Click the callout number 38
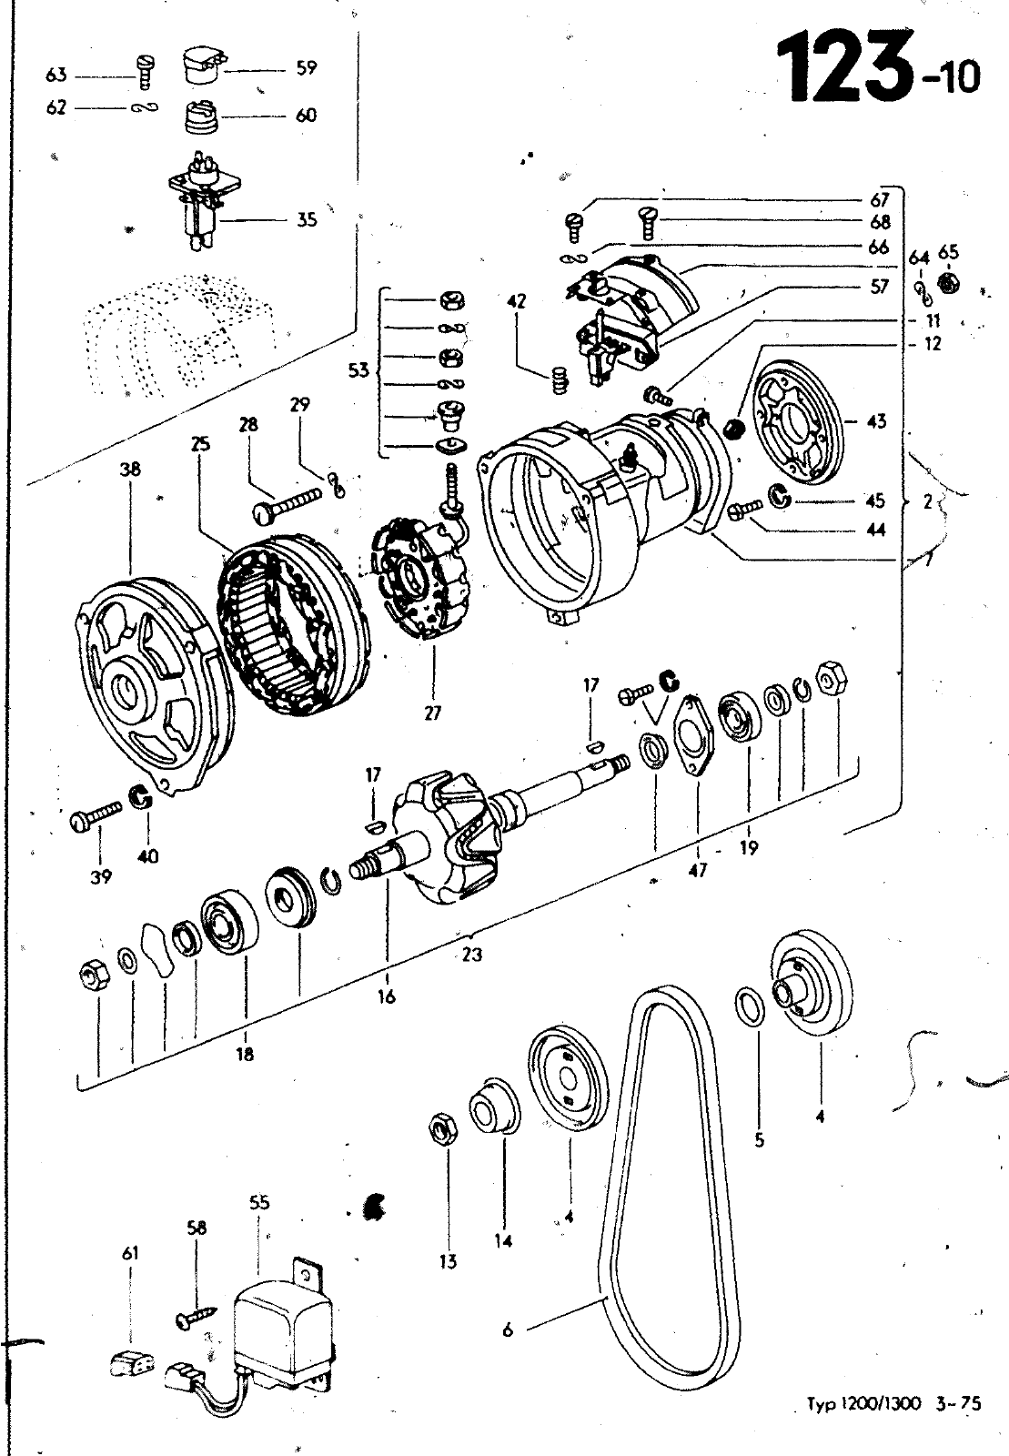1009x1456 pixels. [x=131, y=470]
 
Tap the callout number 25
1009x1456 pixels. [x=201, y=444]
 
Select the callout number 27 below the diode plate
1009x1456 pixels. [x=433, y=713]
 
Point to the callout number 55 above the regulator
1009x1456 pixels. [x=259, y=1202]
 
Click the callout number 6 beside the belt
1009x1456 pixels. [x=508, y=1330]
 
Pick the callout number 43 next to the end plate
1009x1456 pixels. [x=877, y=422]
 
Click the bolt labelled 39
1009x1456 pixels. [x=96, y=812]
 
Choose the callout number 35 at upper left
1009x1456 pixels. [x=307, y=219]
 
